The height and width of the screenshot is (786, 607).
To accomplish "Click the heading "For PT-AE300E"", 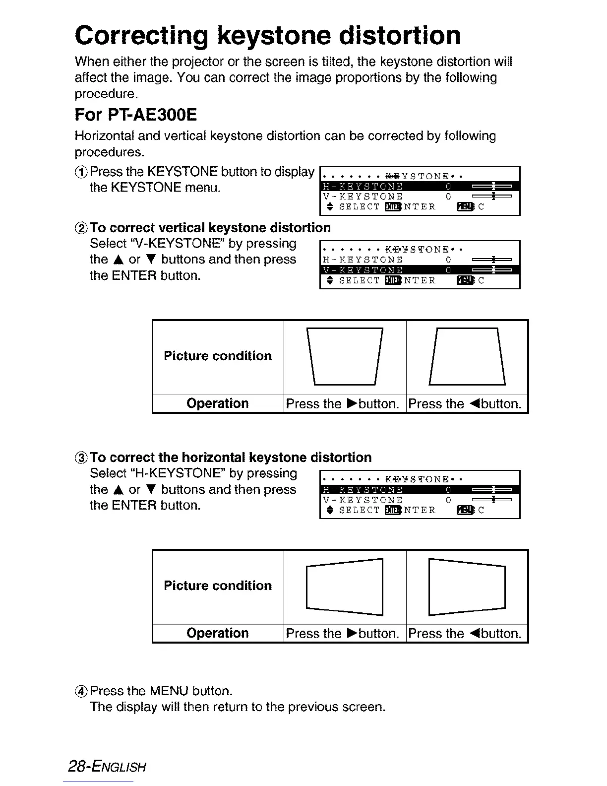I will point(135,115).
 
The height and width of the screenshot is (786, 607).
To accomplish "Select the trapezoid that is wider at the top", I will point(345,356).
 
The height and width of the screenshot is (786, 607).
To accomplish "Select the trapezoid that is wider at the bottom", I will point(467,356).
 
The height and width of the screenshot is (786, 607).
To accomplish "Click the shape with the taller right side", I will point(345,587).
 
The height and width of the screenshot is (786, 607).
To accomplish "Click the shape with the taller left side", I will point(467,587).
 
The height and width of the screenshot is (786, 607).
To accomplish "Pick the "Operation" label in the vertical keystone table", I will point(218,403).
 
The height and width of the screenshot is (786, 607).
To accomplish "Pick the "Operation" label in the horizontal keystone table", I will point(218,633).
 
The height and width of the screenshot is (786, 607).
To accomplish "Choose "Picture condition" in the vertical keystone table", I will point(218,356).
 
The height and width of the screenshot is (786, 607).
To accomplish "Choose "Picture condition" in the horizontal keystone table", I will point(218,586).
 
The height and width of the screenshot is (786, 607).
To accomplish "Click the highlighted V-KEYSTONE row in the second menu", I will point(420,270).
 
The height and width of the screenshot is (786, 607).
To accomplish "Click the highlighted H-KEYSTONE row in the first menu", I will point(420,187).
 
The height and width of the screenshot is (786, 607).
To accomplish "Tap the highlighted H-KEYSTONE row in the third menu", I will point(420,490).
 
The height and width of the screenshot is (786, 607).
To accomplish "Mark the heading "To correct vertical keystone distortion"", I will point(210,228).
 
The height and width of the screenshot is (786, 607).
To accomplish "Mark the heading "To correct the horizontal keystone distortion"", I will point(231,458).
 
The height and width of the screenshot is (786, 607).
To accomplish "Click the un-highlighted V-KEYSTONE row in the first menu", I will point(420,196).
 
